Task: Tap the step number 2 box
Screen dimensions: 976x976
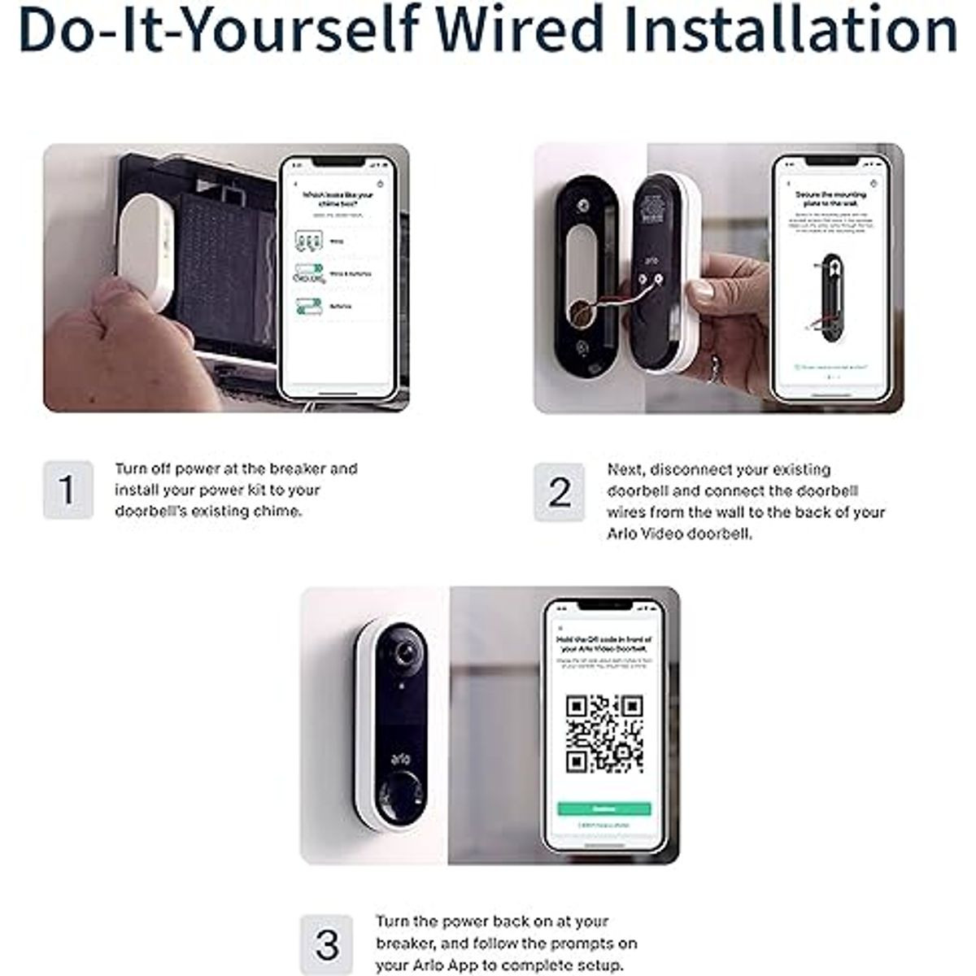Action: tap(560, 492)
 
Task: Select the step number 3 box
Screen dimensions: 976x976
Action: tap(327, 944)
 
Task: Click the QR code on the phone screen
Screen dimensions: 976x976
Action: tap(604, 734)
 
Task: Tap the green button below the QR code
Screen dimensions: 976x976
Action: tap(603, 809)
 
